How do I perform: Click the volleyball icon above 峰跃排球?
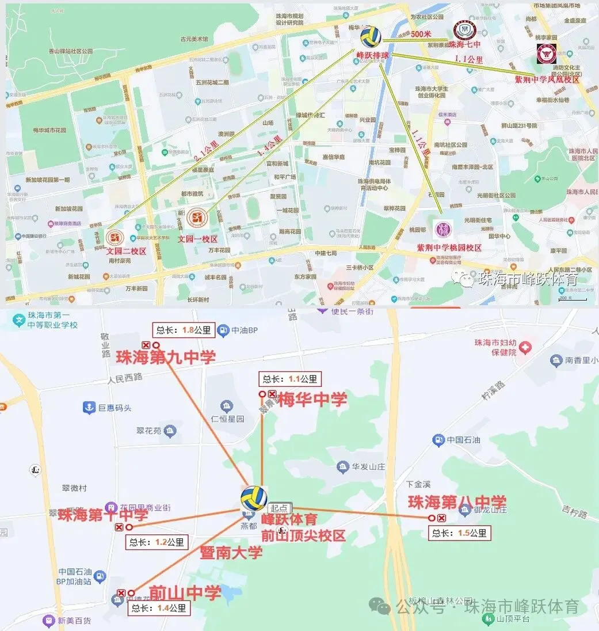click(x=371, y=37)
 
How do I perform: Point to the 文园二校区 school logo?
click(x=115, y=237)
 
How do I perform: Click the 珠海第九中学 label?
click(x=166, y=357)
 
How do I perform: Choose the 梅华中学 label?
click(x=312, y=400)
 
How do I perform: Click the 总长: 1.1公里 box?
click(x=290, y=379)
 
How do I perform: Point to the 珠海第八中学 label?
click(x=457, y=502)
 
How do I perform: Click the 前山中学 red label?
click(x=185, y=593)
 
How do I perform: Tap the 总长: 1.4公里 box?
click(x=158, y=607)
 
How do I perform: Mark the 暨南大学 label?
click(x=231, y=553)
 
